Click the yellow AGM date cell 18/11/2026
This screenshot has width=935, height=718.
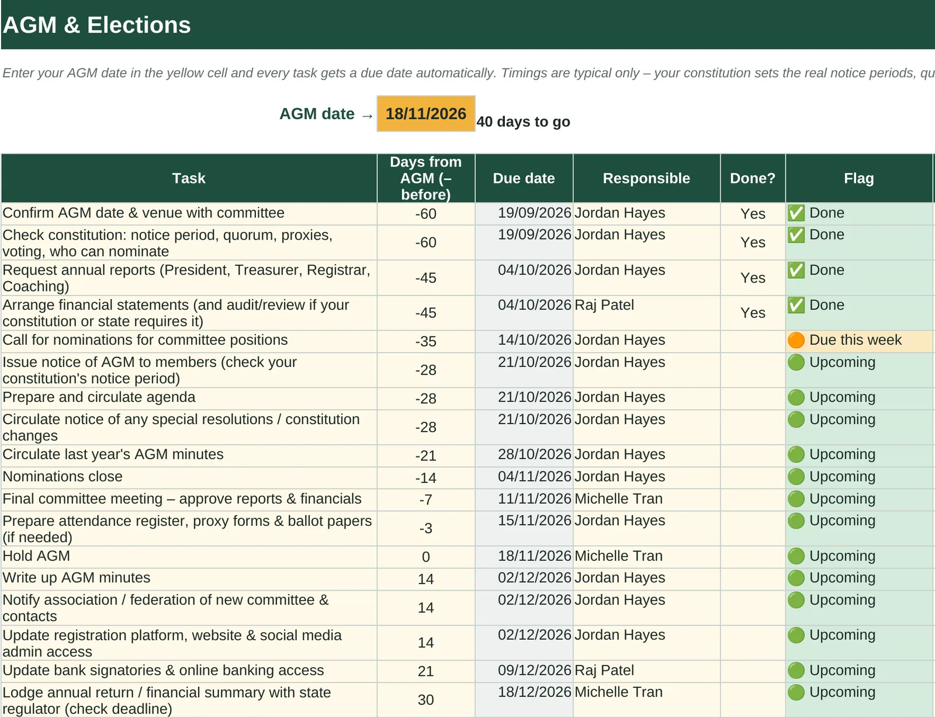tap(425, 113)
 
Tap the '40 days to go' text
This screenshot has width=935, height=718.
tap(523, 122)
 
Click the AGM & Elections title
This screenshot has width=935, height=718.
tap(97, 25)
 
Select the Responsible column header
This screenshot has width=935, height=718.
tap(646, 178)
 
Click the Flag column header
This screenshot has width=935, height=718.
tap(859, 178)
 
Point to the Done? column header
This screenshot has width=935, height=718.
tap(753, 178)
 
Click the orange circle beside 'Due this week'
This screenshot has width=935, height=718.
tap(796, 340)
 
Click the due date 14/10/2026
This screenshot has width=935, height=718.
tap(534, 340)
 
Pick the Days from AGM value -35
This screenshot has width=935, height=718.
tap(425, 341)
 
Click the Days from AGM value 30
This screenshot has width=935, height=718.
tap(425, 700)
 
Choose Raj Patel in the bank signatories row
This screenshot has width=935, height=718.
tap(604, 670)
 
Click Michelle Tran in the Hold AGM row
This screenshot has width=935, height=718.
tap(618, 556)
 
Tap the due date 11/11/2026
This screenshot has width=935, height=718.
tap(534, 498)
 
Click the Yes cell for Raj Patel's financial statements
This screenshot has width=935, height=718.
tap(753, 313)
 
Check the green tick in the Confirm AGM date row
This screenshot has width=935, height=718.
tap(796, 213)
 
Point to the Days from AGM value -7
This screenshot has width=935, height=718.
tap(425, 500)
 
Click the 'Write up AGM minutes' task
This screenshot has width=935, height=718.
tap(77, 577)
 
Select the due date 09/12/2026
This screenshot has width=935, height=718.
tap(534, 670)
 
